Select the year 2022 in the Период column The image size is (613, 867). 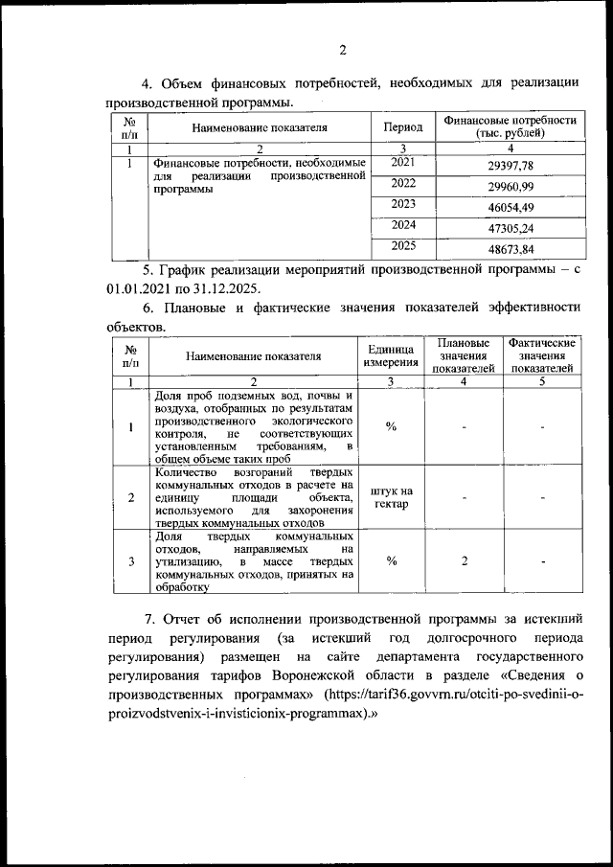402,183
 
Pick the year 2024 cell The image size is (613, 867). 402,225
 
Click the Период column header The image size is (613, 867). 402,126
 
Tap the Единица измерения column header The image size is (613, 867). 391,355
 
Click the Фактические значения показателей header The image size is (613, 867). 542,355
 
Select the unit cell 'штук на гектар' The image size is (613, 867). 391,497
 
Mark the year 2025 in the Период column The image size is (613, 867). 402,246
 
